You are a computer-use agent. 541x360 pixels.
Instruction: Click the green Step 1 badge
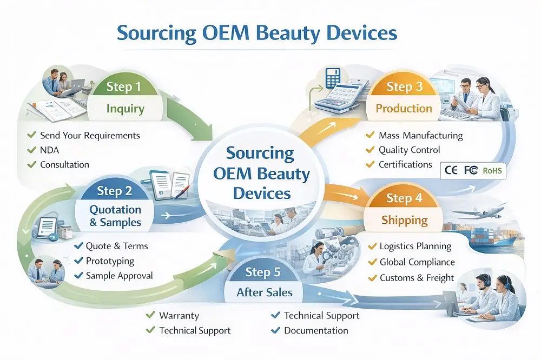[123, 86]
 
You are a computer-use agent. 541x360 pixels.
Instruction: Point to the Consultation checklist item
[64, 164]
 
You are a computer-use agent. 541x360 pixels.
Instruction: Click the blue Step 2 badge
[114, 190]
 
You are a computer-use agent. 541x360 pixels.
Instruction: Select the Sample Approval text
[119, 276]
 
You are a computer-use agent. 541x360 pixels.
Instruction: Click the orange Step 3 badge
[404, 86]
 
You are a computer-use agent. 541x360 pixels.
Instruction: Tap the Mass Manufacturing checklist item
[420, 135]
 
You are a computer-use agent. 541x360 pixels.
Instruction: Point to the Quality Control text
[409, 150]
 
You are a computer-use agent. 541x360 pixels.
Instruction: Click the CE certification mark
[451, 171]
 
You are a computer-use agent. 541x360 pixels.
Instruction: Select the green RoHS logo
[492, 171]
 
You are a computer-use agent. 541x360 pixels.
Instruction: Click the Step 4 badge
[404, 198]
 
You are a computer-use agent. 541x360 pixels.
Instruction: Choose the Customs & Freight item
[417, 278]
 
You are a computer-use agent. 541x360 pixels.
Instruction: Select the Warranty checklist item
[179, 316]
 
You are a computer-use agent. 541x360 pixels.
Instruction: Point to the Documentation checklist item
[316, 330]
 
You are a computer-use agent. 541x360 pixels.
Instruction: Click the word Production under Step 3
[404, 108]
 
